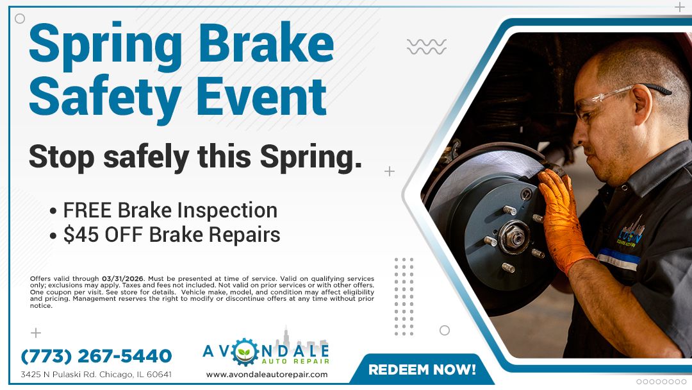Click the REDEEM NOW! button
coord(422,369)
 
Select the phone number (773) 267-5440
coord(96,356)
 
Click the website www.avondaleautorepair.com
coord(267,374)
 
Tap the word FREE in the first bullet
coord(88,210)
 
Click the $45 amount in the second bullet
coord(78,235)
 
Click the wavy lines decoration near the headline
coord(427,46)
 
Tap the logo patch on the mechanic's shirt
coord(632,235)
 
